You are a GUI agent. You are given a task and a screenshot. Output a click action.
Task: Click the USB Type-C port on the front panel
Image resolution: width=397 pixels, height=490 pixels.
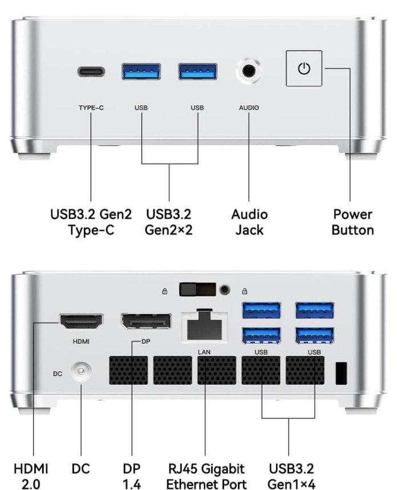point(91,71)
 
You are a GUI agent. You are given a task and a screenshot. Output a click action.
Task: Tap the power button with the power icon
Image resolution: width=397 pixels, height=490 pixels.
point(304,69)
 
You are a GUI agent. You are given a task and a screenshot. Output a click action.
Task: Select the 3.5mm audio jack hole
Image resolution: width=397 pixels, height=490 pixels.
point(249,71)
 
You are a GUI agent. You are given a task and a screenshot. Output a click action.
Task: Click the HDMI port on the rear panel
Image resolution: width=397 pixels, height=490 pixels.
point(82,322)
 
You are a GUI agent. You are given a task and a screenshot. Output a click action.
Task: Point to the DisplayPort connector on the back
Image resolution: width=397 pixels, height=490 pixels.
point(146,322)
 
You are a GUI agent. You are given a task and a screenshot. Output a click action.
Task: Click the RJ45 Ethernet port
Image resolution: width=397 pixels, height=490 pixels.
point(204,326)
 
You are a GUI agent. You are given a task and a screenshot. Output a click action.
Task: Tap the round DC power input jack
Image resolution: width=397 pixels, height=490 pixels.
point(81,371)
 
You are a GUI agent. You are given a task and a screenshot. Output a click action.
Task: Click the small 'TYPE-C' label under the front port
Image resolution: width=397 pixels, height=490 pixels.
point(91,108)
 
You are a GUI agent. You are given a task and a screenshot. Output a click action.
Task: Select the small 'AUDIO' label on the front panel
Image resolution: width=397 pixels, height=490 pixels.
point(249,108)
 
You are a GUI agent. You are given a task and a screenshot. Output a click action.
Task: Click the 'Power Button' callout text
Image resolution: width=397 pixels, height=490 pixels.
point(353,222)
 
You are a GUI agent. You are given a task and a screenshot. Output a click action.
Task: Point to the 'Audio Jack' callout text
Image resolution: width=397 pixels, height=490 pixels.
point(249,222)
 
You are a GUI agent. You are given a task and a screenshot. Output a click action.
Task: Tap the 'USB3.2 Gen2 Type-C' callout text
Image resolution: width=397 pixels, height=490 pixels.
point(91,222)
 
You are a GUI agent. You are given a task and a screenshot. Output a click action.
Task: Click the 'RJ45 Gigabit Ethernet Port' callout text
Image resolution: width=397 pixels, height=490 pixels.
point(206,476)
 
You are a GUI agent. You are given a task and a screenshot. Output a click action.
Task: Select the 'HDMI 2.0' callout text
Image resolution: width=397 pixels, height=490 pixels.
point(31,476)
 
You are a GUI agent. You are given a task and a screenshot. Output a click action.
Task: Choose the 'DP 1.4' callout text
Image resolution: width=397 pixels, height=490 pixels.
point(131,476)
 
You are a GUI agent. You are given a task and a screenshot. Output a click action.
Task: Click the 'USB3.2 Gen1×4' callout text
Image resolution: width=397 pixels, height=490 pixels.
point(291,476)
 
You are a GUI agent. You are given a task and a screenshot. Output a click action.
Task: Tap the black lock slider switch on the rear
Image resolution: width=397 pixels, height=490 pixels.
point(197,290)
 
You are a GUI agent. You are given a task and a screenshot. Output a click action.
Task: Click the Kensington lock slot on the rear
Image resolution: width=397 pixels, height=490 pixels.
point(341,373)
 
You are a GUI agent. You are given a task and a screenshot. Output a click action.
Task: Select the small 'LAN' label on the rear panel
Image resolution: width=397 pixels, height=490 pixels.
point(204,352)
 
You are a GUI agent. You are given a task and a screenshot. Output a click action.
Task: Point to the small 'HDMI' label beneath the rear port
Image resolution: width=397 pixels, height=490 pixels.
point(81,342)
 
